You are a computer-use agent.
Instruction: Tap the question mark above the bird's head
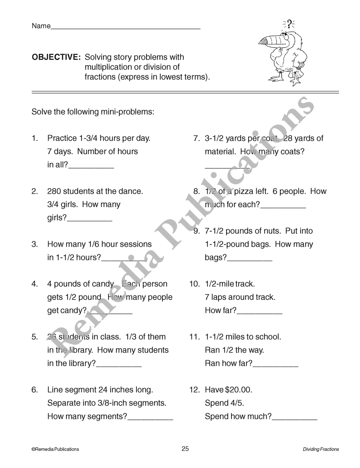[289, 24]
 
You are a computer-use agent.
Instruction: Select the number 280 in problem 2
[54, 191]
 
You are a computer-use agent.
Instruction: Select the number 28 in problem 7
[288, 138]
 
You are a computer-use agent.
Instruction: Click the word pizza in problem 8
[244, 191]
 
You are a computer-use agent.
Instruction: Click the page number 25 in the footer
[185, 449]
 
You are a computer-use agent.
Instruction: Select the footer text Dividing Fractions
[321, 449]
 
